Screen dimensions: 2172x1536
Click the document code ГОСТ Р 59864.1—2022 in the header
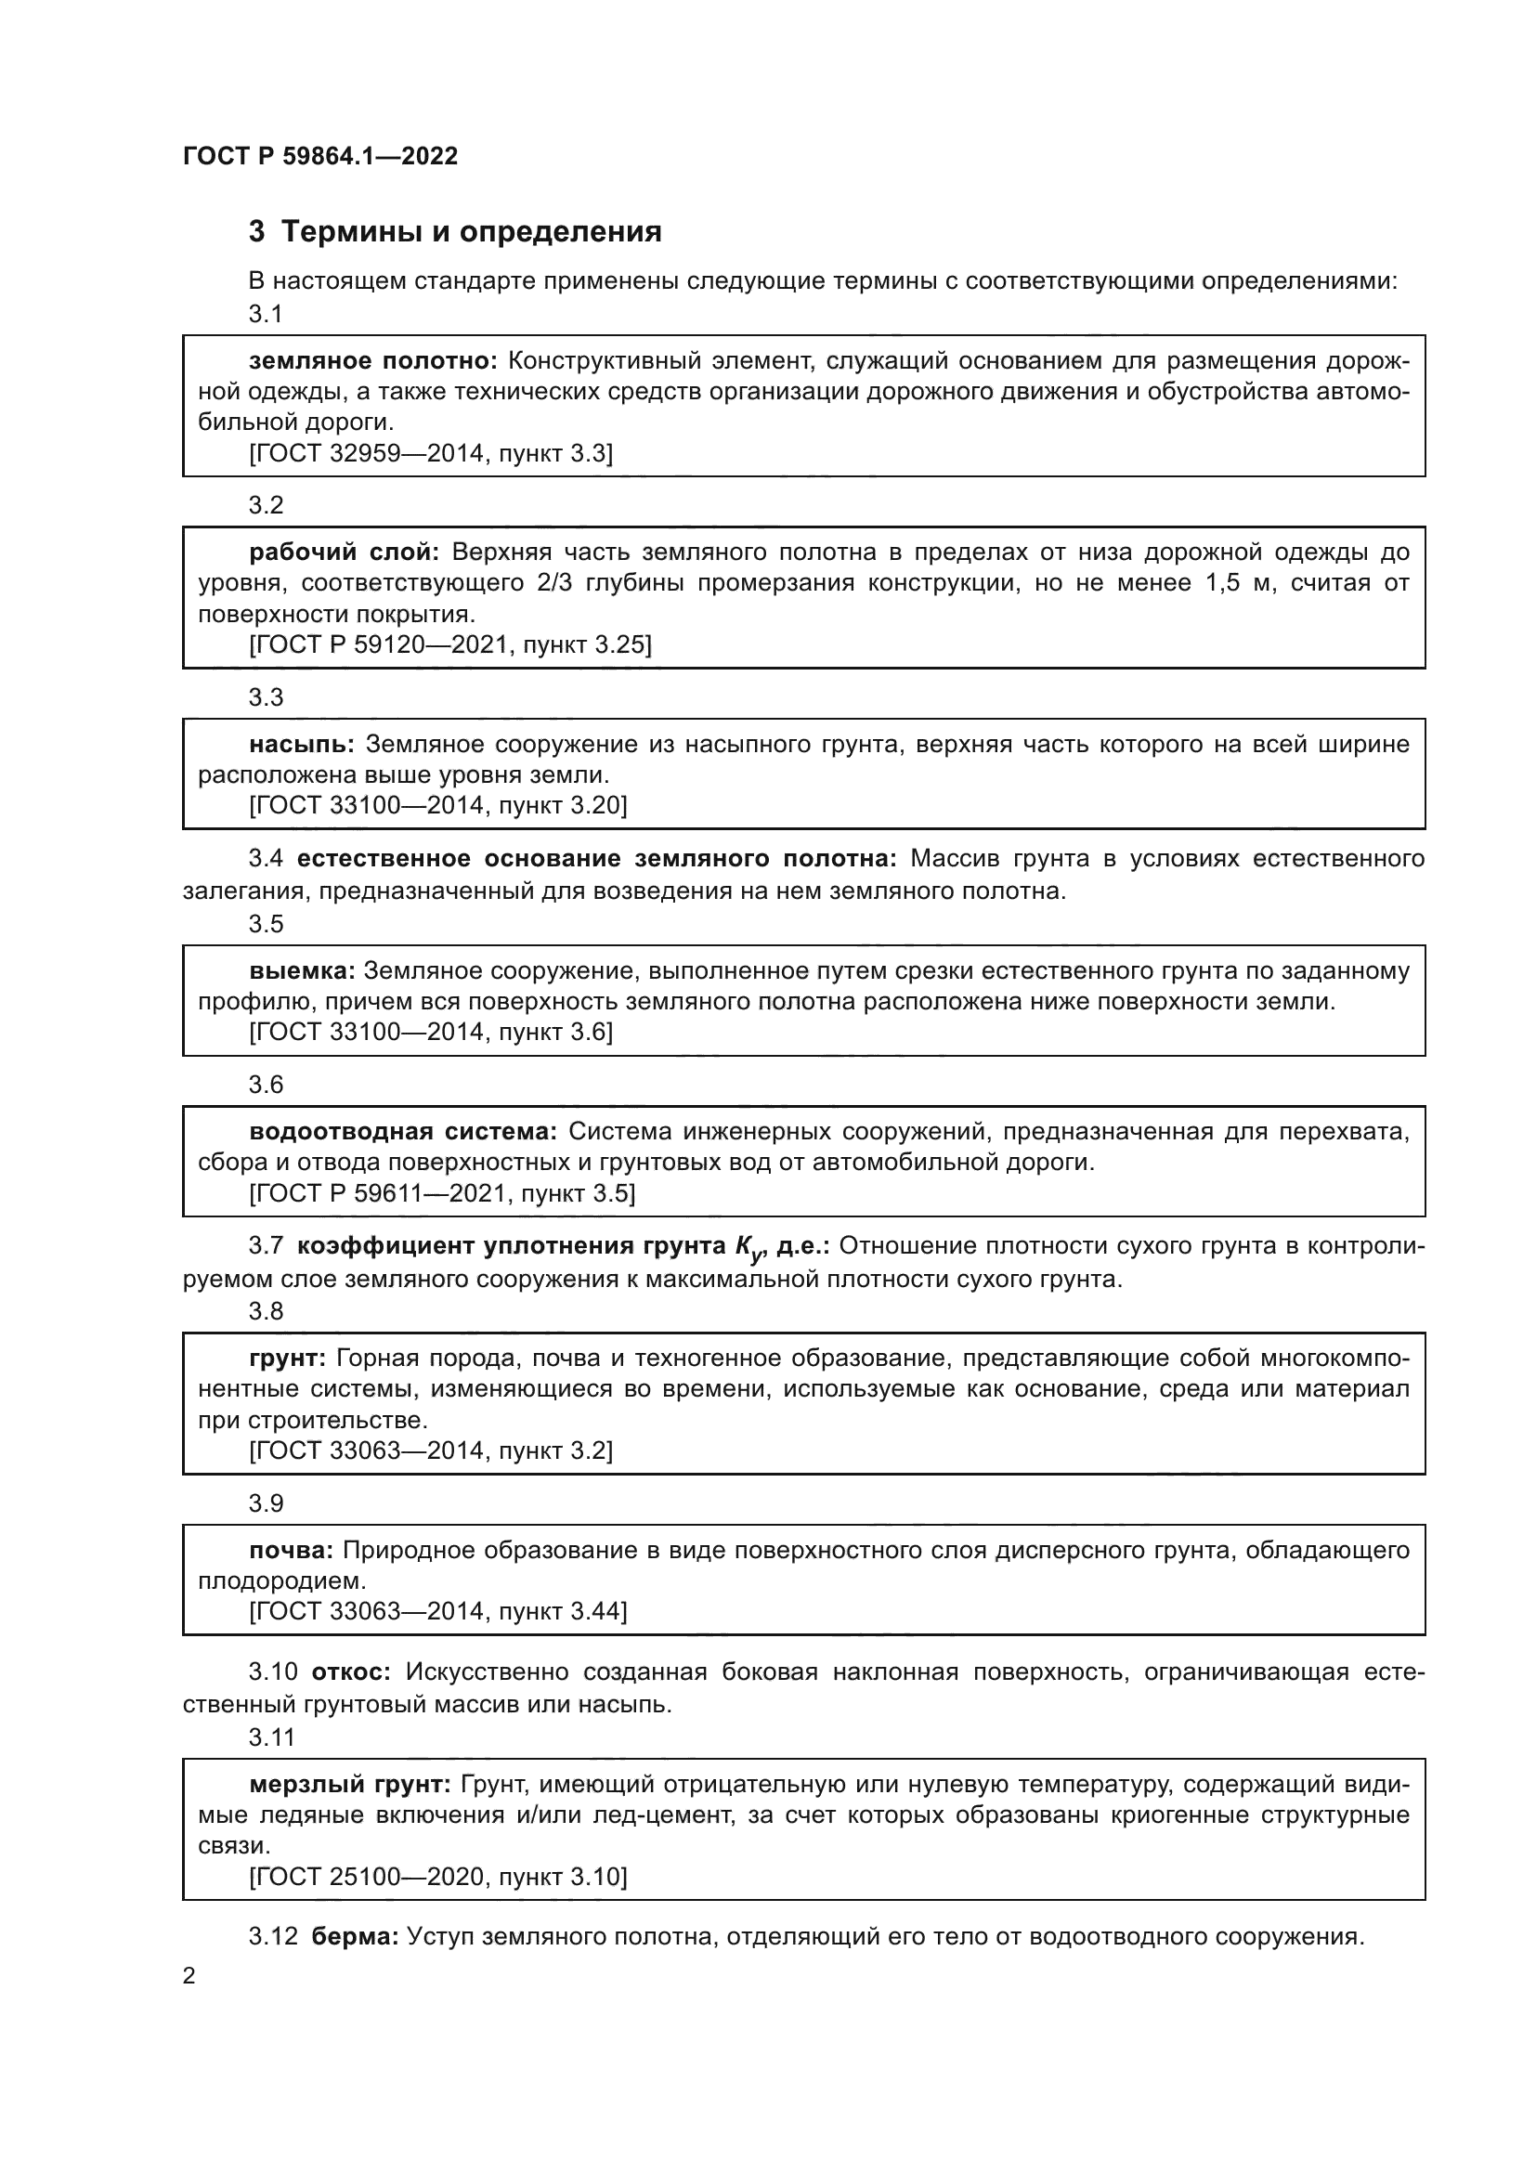[x=319, y=156]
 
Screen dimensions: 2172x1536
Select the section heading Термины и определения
[x=471, y=232]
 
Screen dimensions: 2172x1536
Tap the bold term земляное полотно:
[x=372, y=360]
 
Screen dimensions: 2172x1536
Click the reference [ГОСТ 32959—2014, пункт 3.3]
[x=430, y=454]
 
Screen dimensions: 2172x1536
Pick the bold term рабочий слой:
[x=345, y=552]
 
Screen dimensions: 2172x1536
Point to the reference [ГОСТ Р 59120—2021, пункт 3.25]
[x=450, y=645]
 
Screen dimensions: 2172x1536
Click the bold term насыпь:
[x=302, y=745]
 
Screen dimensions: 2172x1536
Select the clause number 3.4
[x=266, y=859]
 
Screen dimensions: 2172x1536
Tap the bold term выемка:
[x=302, y=971]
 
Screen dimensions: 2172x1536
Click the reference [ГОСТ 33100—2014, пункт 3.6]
[x=430, y=1032]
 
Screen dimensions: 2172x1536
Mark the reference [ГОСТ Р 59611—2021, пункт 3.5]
[x=442, y=1194]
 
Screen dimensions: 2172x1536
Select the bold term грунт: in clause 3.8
[x=288, y=1359]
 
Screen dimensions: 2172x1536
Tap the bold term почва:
[x=291, y=1551]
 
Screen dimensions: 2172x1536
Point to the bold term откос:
[x=351, y=1672]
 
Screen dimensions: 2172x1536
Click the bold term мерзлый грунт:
[x=349, y=1785]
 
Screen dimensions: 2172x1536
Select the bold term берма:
[x=355, y=1937]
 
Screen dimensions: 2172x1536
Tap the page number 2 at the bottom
[x=189, y=1976]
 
